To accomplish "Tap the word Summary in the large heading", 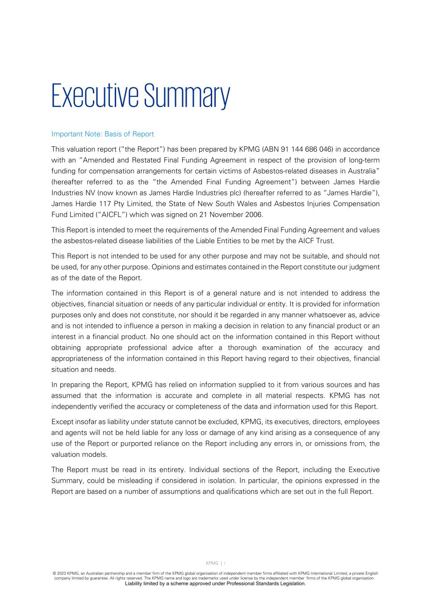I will coord(186,95).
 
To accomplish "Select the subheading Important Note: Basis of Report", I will coord(102,134).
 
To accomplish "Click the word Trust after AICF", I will coord(324,241).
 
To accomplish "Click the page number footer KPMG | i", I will coord(215,563).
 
